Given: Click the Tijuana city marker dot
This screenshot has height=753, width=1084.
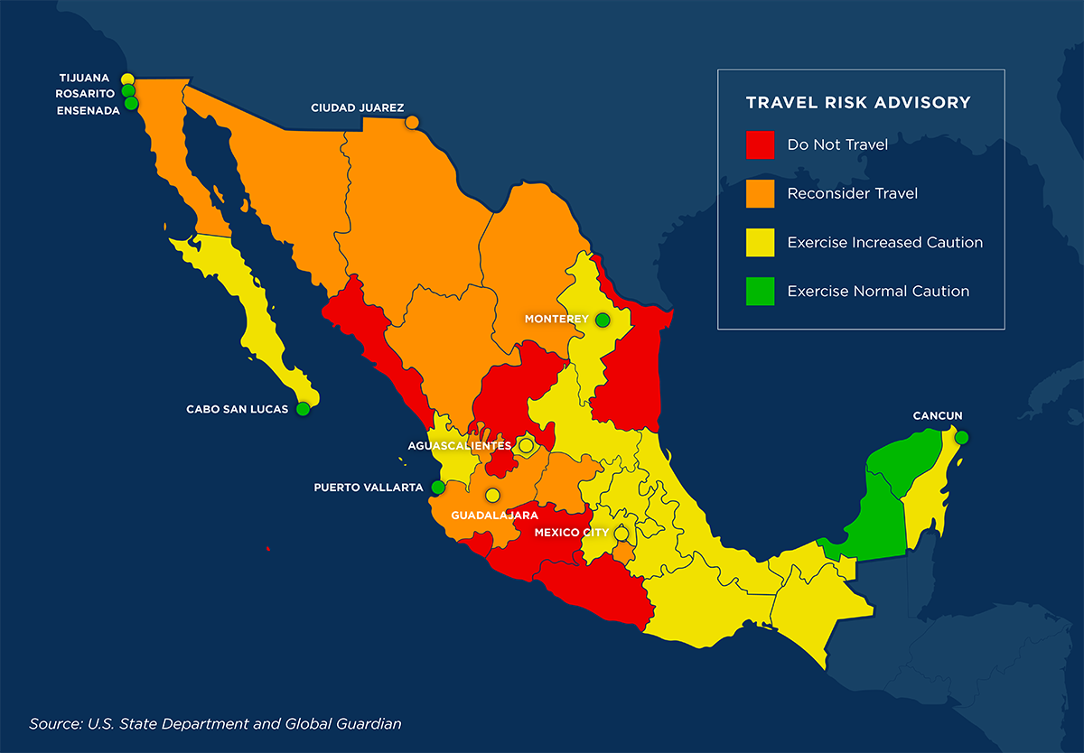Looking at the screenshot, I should point(127,79).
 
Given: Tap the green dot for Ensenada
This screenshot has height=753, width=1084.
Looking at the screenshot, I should point(132,104).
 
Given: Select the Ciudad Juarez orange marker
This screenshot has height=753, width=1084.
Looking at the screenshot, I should point(412,122).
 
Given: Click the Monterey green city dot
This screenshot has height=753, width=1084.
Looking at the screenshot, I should point(603,320).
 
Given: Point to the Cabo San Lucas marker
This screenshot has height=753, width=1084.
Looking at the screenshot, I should point(303,409).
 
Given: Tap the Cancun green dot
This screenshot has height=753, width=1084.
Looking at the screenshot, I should point(961,438).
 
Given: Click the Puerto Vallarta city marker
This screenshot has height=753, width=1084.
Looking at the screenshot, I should point(438,488).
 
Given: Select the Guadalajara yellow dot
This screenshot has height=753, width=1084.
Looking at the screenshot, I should point(492,495).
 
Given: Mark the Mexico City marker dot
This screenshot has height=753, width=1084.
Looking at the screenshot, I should point(621,534).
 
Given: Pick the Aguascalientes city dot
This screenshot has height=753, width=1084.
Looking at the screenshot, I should point(526,445).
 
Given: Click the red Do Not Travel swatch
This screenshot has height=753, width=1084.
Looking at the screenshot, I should point(760,144).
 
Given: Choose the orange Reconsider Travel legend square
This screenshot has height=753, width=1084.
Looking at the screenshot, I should point(760,193).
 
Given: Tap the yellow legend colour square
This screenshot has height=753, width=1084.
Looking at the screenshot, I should point(760,242).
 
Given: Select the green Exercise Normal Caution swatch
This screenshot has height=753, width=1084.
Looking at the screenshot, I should point(760,291).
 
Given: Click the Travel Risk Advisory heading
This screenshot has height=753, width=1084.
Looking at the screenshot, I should point(857,103).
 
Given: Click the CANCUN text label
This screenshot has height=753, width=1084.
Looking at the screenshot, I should point(937,416).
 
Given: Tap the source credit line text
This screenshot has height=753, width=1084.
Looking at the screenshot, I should point(215,723).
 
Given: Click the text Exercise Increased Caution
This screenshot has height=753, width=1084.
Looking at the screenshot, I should point(884,242).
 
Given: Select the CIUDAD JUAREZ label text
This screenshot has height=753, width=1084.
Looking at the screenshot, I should point(357,108).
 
